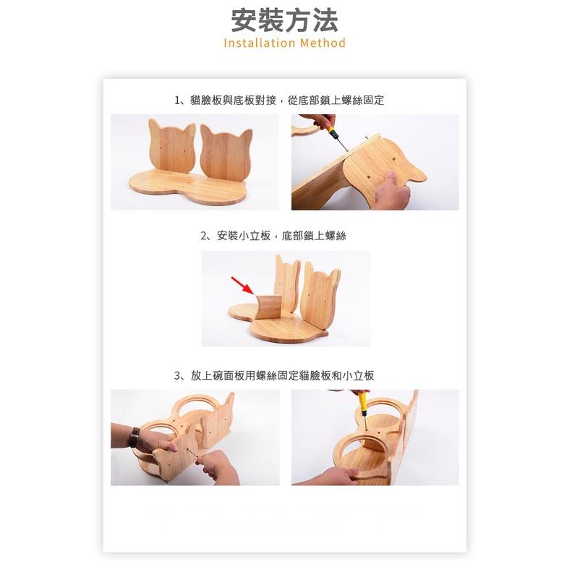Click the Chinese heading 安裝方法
(x=284, y=20)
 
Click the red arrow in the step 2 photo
(x=241, y=284)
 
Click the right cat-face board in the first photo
(x=226, y=153)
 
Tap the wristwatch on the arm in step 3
(x=135, y=436)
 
